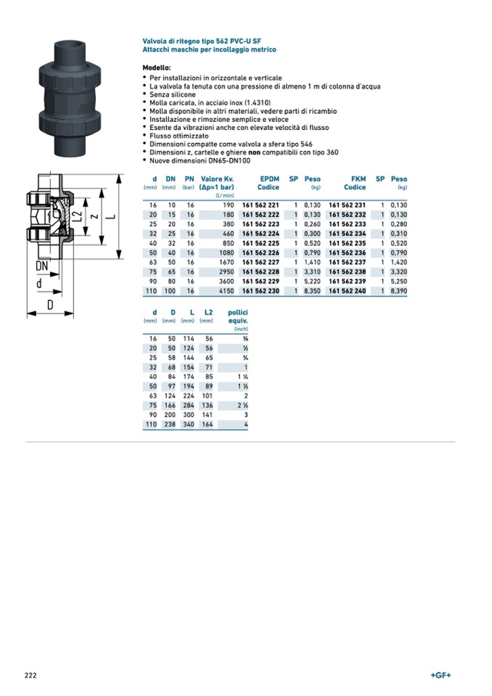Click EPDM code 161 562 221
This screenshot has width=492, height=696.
260,205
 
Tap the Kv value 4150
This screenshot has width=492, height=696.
224,290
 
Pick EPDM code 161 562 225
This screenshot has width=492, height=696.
260,243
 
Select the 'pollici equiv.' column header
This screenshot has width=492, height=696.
238,316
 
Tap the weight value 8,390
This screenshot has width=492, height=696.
398,290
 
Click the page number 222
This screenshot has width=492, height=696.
30,676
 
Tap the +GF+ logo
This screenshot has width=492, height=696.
440,676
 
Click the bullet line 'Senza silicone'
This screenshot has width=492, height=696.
174,94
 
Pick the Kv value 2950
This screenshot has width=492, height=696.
224,271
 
